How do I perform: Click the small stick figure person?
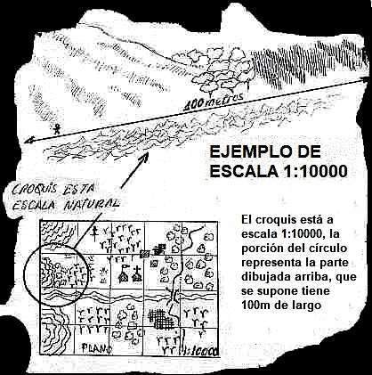pos(56,129)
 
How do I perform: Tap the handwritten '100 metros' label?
pos(214,101)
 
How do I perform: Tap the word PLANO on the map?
pos(96,348)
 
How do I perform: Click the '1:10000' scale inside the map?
pos(201,351)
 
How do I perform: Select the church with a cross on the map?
pos(137,274)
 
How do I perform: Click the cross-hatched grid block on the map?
pos(161,320)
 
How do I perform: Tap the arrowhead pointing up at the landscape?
pos(145,157)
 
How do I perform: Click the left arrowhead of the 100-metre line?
pos(28,141)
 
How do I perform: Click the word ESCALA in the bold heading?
pos(245,171)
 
